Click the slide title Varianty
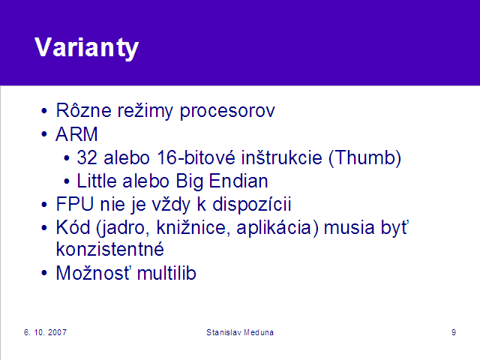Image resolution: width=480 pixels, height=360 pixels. (87, 48)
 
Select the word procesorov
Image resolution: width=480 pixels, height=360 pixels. (227, 111)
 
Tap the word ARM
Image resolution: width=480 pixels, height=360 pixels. (76, 134)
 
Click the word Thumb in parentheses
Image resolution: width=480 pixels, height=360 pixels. (364, 157)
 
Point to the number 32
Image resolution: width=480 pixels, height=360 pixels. (87, 157)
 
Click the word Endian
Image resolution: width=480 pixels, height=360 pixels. (238, 181)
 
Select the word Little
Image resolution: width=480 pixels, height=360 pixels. (97, 181)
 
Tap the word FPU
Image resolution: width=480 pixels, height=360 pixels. (75, 204)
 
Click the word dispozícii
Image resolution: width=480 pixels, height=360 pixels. (252, 205)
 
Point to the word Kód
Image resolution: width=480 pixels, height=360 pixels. (73, 228)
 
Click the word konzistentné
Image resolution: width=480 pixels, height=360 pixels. (110, 249)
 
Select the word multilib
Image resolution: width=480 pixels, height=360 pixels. (166, 273)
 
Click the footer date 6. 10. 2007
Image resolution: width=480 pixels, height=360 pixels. (45, 332)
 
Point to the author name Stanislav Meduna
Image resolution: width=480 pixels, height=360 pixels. (240, 332)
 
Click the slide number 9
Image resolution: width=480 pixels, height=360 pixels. (454, 332)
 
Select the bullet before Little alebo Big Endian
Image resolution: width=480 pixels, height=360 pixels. (67, 181)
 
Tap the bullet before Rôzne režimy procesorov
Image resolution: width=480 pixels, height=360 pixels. (44, 111)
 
